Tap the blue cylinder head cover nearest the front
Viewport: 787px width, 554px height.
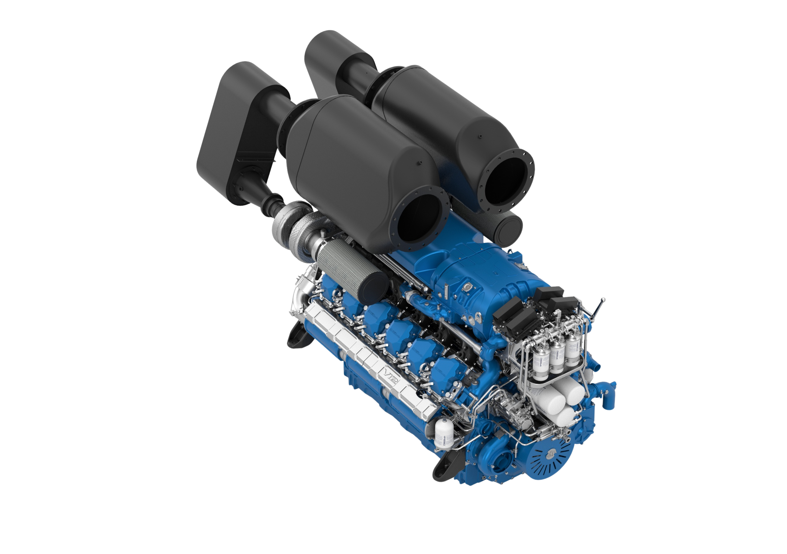point(446,371)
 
